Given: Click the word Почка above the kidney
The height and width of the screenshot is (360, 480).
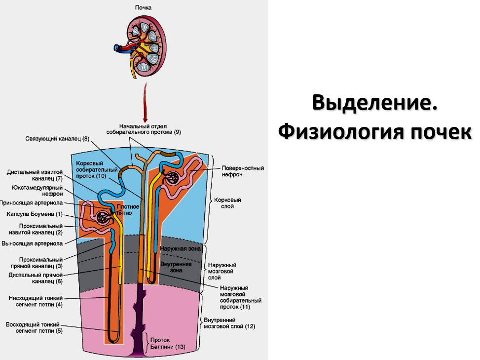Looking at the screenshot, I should [x=144, y=8].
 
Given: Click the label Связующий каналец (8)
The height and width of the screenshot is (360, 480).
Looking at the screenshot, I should [x=57, y=139].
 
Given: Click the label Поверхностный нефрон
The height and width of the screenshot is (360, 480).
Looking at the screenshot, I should [x=242, y=171].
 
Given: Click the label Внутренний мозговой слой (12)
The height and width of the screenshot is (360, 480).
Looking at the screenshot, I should [x=229, y=323].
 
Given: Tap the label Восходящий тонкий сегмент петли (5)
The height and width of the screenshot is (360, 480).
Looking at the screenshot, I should [x=34, y=327].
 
